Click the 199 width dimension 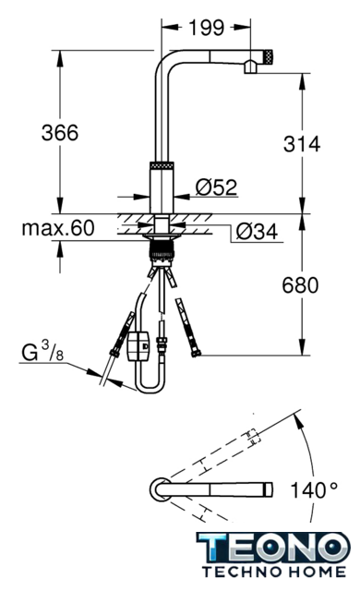tap(207, 28)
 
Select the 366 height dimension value tap(60, 132)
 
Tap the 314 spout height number tap(302, 144)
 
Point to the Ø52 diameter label tap(217, 187)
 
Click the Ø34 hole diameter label tap(257, 232)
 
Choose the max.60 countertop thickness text tap(58, 228)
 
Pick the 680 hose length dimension tap(301, 285)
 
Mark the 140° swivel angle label tap(314, 490)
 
